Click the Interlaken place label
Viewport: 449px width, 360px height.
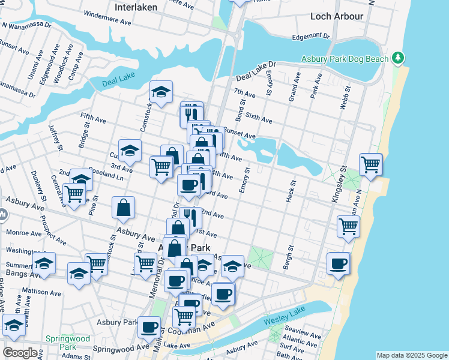[136, 7]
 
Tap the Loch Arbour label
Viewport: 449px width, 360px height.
[334, 16]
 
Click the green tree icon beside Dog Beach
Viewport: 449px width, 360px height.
[397, 58]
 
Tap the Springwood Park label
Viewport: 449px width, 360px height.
[67, 343]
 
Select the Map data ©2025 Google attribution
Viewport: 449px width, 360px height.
[412, 355]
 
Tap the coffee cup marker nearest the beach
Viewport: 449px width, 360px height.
[338, 264]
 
